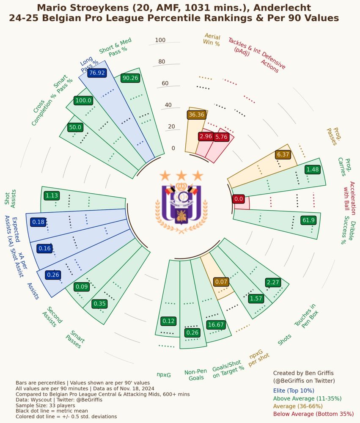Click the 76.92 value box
click(96, 73)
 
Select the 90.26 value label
click(130, 78)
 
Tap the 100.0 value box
click(83, 100)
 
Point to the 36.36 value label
click(196, 115)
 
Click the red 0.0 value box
click(239, 199)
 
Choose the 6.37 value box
click(283, 154)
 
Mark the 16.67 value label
click(215, 324)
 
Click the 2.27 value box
click(273, 282)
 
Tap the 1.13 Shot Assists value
click(52, 195)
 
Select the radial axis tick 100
click(160, 40)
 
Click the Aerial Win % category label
click(212, 39)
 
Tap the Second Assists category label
click(52, 316)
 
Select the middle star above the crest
click(181, 175)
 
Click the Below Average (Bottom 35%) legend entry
click(313, 414)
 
